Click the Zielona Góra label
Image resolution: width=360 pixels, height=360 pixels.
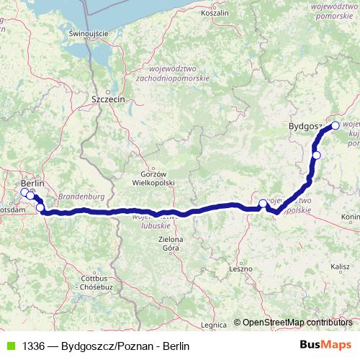(171, 243)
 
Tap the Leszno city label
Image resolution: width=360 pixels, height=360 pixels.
(240, 268)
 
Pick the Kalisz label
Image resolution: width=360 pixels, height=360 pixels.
(340, 266)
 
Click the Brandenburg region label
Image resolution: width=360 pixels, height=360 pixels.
(81, 196)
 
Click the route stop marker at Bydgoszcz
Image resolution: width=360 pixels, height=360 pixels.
(335, 125)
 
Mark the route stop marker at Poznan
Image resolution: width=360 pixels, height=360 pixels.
(263, 204)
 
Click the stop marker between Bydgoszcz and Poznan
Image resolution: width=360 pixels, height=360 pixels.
(316, 155)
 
